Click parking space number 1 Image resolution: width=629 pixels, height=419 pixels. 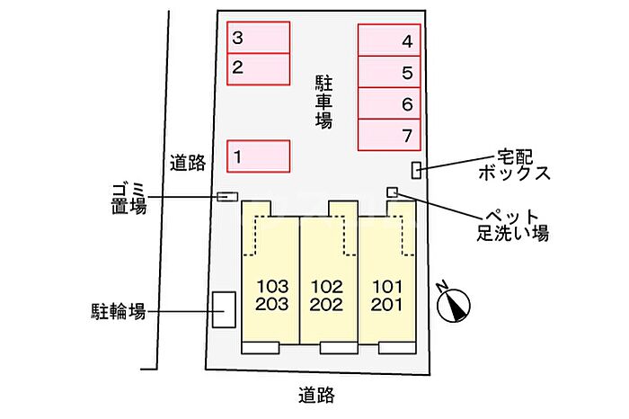point(258,156)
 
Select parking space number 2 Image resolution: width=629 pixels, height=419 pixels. point(258,68)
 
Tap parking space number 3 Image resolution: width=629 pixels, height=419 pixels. point(258,39)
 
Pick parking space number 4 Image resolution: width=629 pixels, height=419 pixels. point(390,40)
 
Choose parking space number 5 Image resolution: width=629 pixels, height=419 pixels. point(390,73)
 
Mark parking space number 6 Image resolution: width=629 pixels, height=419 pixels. point(390,104)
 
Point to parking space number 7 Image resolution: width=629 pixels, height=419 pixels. point(390,136)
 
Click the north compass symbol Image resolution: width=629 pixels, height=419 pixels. point(453,304)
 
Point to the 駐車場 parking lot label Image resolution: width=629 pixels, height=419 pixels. point(323,101)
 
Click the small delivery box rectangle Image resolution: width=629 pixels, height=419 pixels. point(416,169)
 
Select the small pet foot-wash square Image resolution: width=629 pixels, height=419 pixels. point(392,192)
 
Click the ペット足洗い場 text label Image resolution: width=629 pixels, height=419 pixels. point(512,225)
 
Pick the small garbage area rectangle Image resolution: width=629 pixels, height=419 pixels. point(227,196)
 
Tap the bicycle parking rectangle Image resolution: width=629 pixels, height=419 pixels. point(223,309)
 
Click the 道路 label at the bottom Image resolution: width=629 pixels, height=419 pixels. point(318,394)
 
